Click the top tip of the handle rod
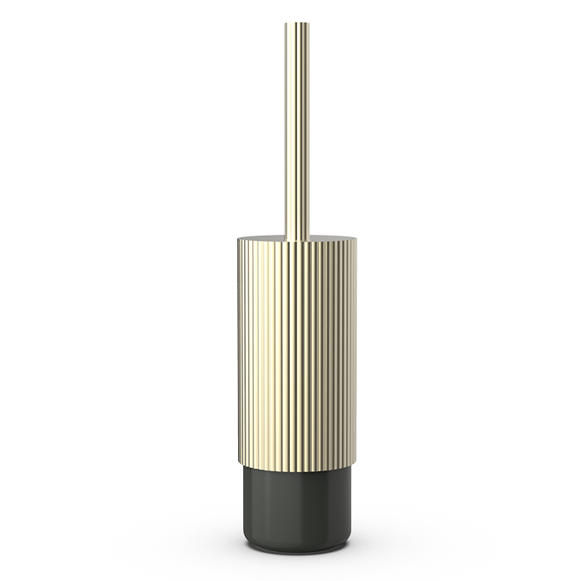pyautogui.click(x=296, y=23)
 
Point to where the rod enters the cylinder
pyautogui.click(x=296, y=238)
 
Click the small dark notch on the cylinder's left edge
pyautogui.click(x=237, y=290)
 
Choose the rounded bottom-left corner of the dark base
pyautogui.click(x=247, y=540)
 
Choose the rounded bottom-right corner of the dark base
pyautogui.click(x=347, y=540)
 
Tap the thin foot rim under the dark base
pyautogui.click(x=297, y=549)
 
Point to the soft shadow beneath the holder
pyautogui.click(x=297, y=558)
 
